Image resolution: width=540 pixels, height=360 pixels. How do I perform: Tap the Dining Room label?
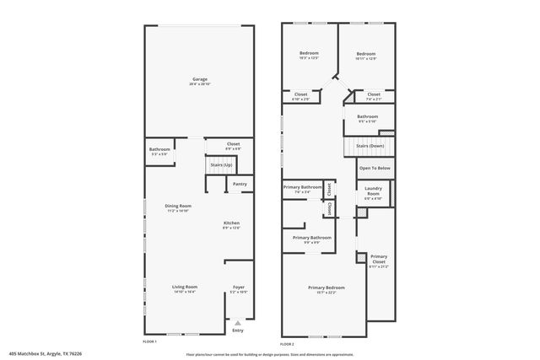click(178, 206)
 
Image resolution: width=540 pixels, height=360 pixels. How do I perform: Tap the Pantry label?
click(240, 184)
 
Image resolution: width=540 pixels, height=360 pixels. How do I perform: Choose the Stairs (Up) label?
click(222, 164)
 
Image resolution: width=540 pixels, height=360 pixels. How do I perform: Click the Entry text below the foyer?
click(239, 330)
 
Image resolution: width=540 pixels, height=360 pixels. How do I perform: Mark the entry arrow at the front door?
click(239, 321)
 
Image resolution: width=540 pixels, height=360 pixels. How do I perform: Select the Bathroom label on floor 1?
click(160, 149)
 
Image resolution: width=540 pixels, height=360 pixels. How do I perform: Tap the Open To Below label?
click(375, 168)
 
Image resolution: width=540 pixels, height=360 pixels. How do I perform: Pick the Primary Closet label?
click(379, 258)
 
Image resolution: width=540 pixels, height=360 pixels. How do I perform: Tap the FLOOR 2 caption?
click(287, 343)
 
